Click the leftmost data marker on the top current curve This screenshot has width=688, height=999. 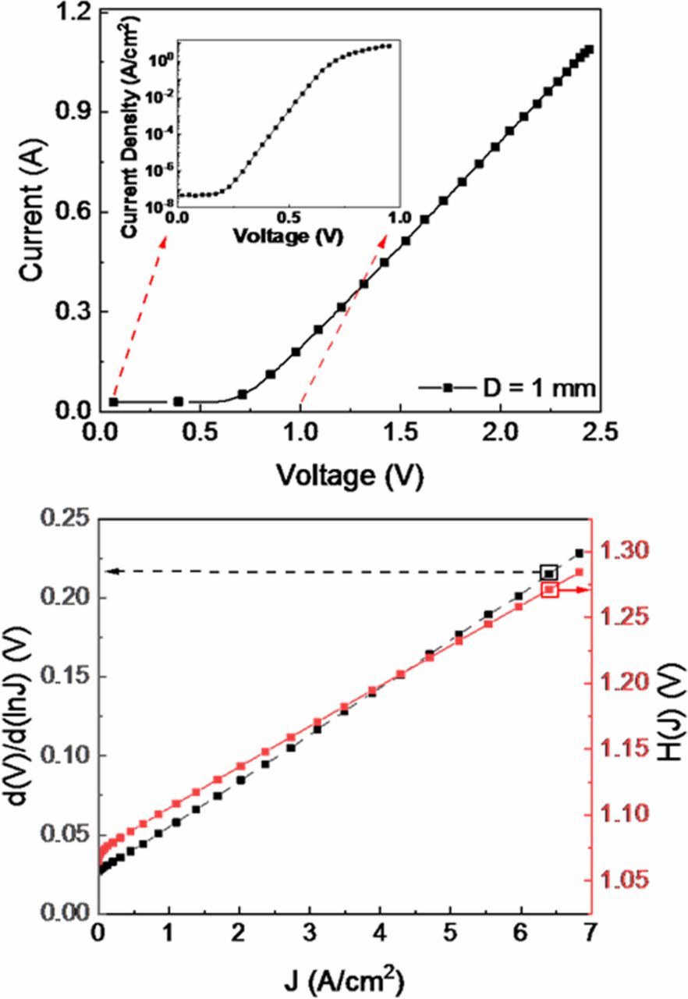[114, 401]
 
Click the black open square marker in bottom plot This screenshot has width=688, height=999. [549, 573]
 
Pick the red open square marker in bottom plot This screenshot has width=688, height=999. [550, 590]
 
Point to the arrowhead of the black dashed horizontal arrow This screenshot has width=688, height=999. [111, 572]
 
